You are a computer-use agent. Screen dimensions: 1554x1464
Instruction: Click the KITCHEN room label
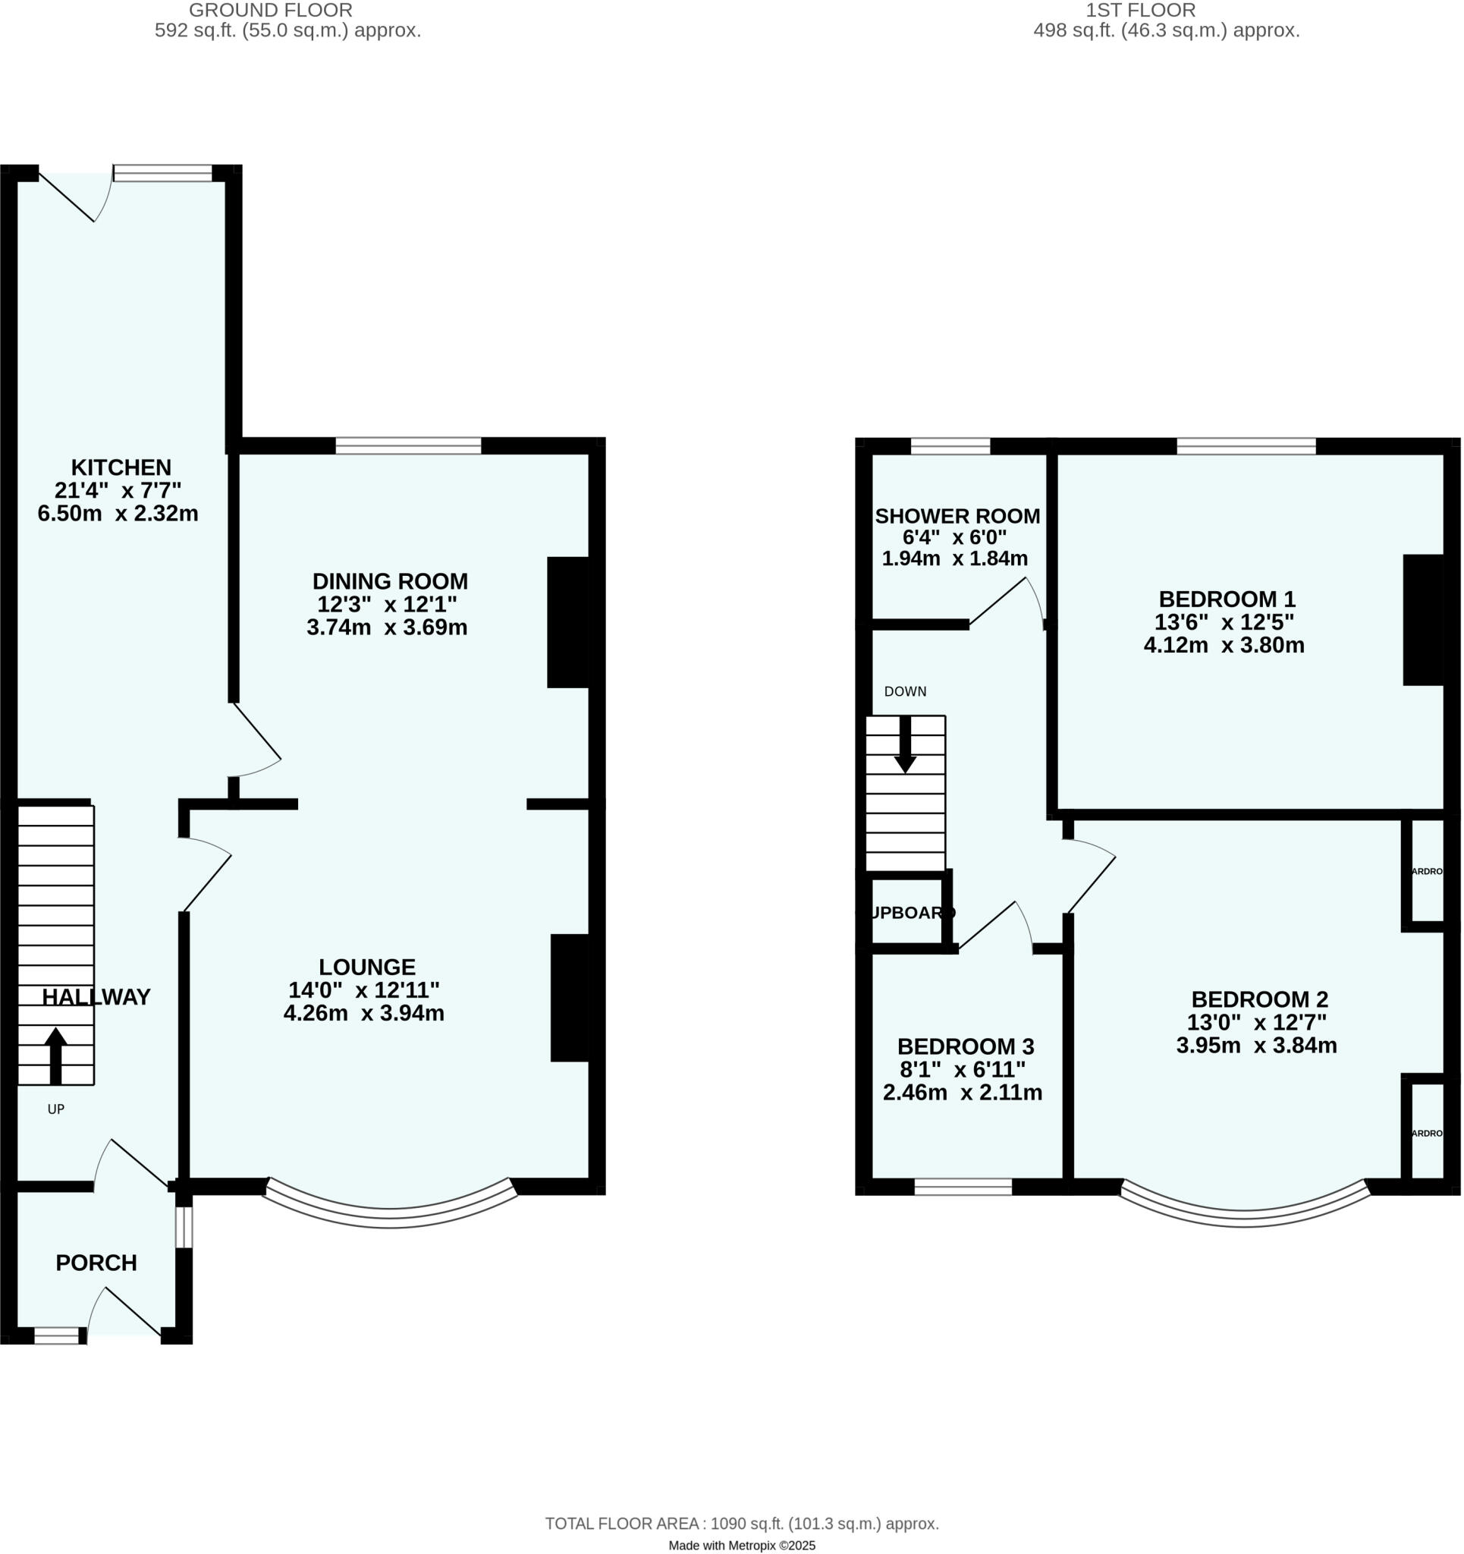(121, 467)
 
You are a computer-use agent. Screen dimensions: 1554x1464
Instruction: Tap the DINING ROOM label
(390, 581)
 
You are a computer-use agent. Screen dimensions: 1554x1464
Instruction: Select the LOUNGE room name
(366, 967)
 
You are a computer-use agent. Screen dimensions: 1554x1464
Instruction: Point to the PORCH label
(96, 1263)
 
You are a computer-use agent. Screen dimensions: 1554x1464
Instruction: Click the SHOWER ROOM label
(957, 516)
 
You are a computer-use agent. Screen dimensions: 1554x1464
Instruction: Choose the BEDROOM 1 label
(1227, 599)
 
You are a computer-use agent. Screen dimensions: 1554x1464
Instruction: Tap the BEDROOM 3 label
(966, 1046)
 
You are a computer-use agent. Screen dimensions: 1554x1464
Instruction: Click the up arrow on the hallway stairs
(55, 1055)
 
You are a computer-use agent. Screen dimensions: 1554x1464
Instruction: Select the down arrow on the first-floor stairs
(905, 745)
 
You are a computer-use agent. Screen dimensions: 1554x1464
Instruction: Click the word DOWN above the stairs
(905, 691)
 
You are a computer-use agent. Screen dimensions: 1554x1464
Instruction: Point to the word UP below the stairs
(55, 1109)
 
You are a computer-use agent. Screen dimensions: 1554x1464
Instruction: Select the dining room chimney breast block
(568, 622)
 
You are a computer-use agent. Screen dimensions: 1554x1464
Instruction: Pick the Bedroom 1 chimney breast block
(1423, 620)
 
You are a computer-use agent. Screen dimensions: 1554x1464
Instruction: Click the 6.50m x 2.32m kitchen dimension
(118, 514)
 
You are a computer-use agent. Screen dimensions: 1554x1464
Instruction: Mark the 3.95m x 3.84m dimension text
(1256, 1046)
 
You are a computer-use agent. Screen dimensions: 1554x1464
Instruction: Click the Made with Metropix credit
(742, 1546)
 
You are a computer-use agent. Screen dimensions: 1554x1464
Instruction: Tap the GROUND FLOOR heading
(271, 10)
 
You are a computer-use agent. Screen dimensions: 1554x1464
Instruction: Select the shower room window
(950, 447)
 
